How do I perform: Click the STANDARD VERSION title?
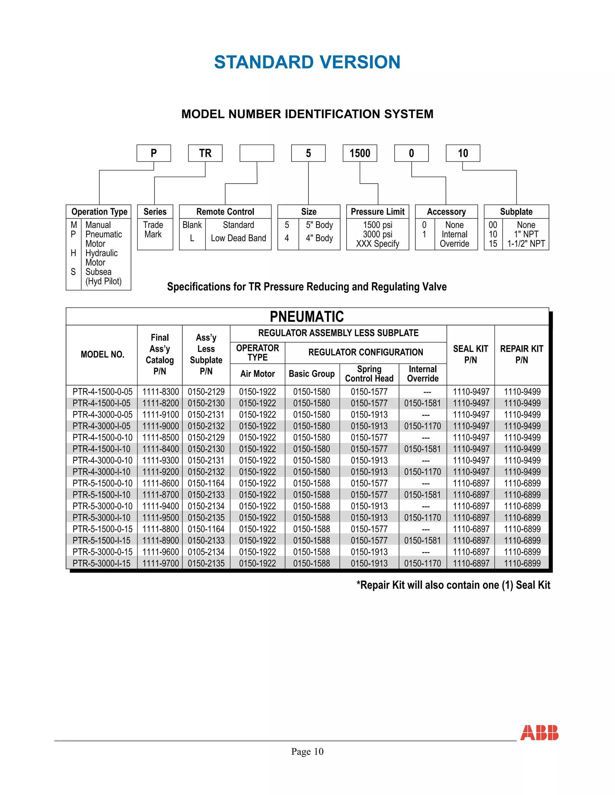(x=307, y=62)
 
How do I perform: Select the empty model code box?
(x=256, y=153)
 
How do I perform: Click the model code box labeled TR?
(x=205, y=153)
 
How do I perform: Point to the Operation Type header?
(x=99, y=211)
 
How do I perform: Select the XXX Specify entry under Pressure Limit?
(x=377, y=244)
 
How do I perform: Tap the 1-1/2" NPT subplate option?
(x=526, y=244)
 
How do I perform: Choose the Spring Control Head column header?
(x=369, y=374)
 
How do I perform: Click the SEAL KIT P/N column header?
(x=470, y=354)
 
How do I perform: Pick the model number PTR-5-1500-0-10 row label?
(x=102, y=483)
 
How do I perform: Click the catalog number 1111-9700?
(x=160, y=563)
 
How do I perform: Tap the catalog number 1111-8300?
(x=160, y=392)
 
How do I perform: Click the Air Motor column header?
(x=257, y=374)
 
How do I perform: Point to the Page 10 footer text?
(x=307, y=751)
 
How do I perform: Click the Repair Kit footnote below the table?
(x=453, y=585)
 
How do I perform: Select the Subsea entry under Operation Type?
(x=98, y=272)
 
